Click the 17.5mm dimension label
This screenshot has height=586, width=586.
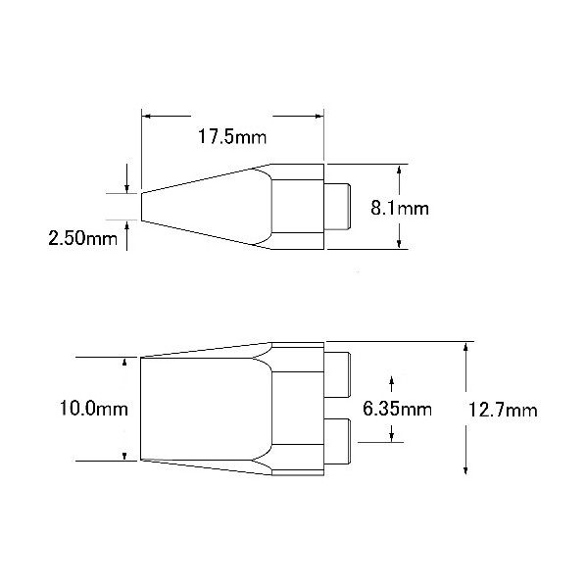[232, 137]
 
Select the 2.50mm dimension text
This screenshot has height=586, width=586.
[82, 238]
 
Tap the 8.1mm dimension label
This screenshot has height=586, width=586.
[400, 208]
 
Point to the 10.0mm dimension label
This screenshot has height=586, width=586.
[94, 408]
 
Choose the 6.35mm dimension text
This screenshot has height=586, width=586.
[397, 409]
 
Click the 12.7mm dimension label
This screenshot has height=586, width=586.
[503, 410]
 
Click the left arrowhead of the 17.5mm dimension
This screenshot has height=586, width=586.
[147, 117]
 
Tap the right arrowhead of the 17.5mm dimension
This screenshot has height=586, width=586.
[318, 117]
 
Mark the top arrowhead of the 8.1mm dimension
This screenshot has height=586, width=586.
[399, 170]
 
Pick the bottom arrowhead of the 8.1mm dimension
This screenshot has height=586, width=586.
[399, 244]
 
